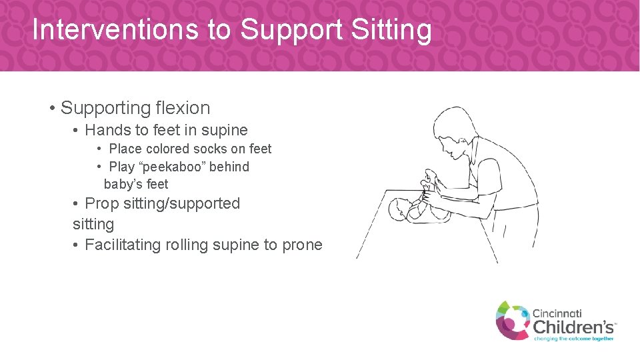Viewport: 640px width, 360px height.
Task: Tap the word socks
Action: pos(209,149)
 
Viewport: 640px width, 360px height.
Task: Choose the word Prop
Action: pos(101,203)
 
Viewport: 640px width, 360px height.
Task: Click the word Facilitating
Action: pos(123,245)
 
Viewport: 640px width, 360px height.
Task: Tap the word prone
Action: pos(302,245)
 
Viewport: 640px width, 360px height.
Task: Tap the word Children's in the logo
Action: pos(573,327)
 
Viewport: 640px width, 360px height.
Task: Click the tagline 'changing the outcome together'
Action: pos(573,339)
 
